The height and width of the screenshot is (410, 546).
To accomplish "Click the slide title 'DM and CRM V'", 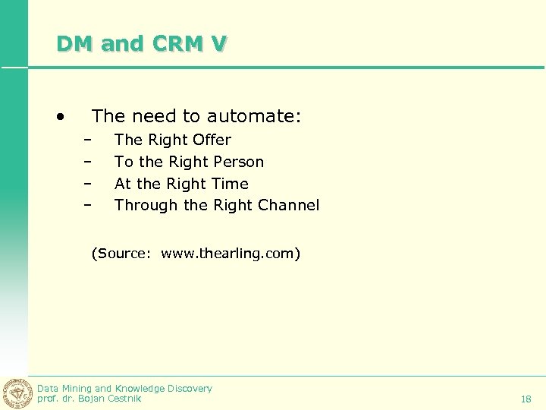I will pos(141,44).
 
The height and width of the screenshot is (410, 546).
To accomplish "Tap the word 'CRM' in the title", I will pos(177,44).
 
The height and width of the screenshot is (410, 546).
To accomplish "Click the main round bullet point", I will pos(59,117).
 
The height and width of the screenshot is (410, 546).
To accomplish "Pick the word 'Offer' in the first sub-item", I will pos(212,140).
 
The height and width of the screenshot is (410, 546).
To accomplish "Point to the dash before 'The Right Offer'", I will pos(88,140).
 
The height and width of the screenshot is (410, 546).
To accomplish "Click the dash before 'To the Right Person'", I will pos(88,162).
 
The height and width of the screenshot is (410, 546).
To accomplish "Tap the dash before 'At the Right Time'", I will pos(88,184).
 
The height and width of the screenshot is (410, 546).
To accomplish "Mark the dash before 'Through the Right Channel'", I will pos(88,206).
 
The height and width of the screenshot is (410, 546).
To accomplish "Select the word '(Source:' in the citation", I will pos(121,254).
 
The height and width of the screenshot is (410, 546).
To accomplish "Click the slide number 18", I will pos(526,399).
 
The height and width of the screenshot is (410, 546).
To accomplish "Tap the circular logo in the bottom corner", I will pos(16,393).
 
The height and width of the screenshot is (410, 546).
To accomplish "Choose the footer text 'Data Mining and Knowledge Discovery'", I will pos(124,388).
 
